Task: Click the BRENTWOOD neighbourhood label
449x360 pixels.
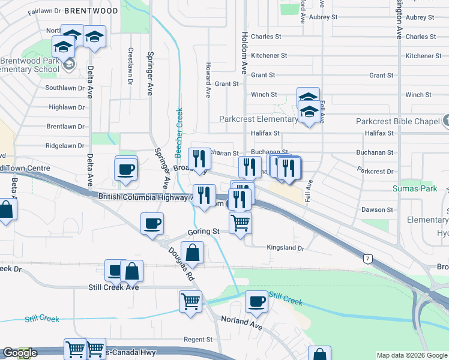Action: click(x=91, y=11)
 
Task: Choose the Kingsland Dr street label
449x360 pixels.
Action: click(x=286, y=248)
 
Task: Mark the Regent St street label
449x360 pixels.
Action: click(x=199, y=340)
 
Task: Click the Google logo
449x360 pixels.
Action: click(x=19, y=353)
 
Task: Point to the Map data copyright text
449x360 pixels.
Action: click(x=411, y=355)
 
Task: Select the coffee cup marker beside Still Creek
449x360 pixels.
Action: click(x=256, y=302)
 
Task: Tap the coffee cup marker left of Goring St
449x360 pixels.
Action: click(x=151, y=223)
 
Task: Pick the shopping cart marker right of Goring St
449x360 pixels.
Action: click(x=240, y=223)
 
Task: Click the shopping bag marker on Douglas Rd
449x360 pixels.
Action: click(x=192, y=253)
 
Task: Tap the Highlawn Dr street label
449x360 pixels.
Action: click(x=67, y=107)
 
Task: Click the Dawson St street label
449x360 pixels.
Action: click(x=377, y=210)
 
